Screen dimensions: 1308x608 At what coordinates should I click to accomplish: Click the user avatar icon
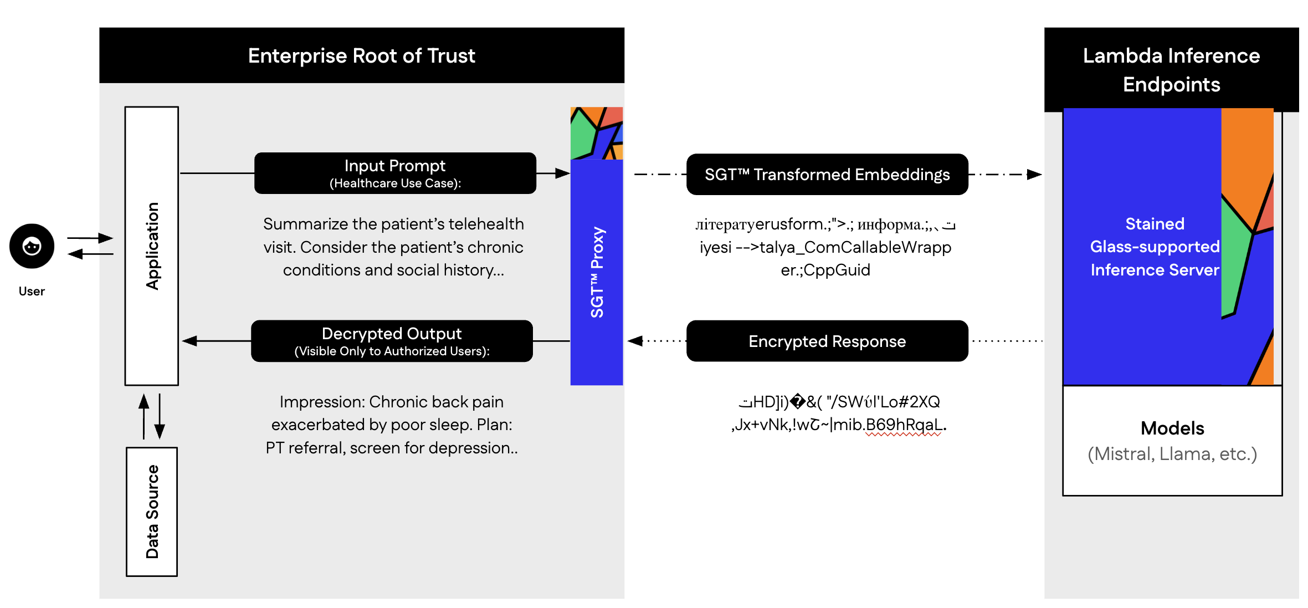[x=32, y=246]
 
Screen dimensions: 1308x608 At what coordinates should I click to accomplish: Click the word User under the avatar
[x=32, y=291]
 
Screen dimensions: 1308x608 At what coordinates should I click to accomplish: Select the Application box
[x=152, y=246]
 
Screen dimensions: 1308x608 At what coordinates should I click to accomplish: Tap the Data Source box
[x=152, y=512]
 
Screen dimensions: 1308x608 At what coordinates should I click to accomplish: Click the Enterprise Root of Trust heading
[x=361, y=55]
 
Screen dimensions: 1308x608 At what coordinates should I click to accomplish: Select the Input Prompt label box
[x=395, y=173]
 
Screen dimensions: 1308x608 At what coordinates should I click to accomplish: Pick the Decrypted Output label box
[x=392, y=341]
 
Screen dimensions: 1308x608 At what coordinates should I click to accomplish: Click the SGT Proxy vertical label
[x=597, y=272]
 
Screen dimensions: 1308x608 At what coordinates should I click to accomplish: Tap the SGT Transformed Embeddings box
[x=827, y=174]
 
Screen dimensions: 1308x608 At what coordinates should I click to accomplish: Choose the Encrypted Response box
[x=827, y=341]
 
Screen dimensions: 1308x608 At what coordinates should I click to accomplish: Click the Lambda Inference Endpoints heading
[x=1171, y=70]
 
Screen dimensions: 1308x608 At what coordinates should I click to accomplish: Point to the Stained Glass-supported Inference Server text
[x=1155, y=247]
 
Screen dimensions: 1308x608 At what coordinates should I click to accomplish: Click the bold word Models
[x=1172, y=428]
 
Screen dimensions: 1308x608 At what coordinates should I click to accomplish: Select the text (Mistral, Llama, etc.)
[x=1172, y=454]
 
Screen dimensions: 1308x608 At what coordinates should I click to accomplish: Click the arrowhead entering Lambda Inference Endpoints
[x=1034, y=175]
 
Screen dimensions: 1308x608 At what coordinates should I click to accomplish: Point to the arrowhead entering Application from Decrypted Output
[x=189, y=341]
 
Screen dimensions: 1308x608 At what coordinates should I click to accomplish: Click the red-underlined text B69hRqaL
[x=904, y=425]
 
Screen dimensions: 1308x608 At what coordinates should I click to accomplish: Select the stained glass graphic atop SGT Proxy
[x=597, y=133]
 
